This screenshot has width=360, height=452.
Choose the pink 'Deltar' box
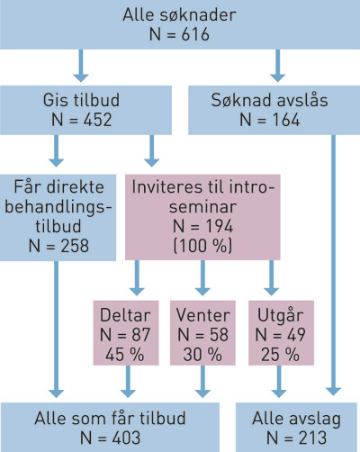click(127, 335)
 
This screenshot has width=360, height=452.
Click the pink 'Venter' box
click(202, 335)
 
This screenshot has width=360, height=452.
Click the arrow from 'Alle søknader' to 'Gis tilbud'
click(82, 65)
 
